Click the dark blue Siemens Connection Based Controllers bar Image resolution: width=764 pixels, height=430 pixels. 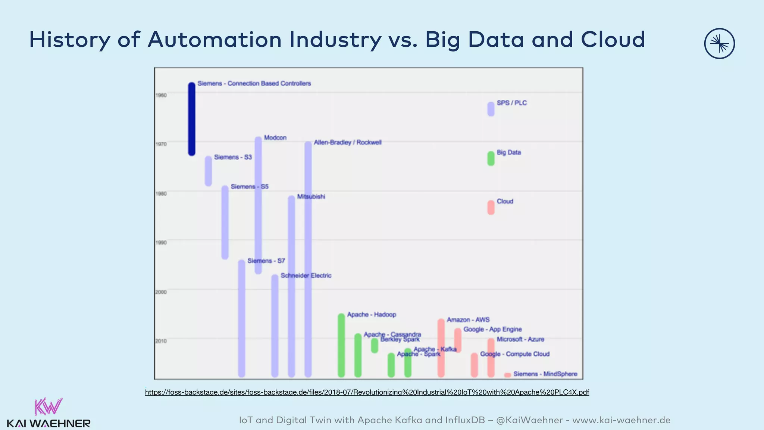tap(191, 119)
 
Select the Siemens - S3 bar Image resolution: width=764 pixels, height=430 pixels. tap(208, 171)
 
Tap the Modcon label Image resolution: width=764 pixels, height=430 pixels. tap(275, 138)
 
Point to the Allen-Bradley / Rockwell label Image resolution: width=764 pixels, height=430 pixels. tap(347, 143)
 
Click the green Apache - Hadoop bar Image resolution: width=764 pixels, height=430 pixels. tap(341, 345)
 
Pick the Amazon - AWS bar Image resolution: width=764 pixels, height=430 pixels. tap(441, 348)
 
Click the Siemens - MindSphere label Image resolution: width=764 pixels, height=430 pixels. tap(545, 374)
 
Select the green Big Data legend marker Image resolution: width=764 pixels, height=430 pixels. tap(491, 158)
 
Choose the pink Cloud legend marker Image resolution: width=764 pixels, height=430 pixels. tap(491, 208)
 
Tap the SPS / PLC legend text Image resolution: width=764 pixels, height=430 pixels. tap(511, 103)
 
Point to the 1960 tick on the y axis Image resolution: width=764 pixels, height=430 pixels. tap(161, 95)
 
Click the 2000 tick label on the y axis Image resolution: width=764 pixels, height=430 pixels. tap(161, 292)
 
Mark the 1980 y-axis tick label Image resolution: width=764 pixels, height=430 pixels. tap(161, 193)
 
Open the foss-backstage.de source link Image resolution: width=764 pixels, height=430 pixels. tap(367, 392)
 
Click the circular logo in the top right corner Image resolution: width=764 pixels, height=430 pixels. tap(719, 44)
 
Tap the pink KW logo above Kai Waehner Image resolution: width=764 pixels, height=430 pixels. tap(48, 406)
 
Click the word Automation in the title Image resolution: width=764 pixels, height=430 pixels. tap(215, 40)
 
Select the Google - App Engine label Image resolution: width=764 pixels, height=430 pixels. tap(492, 330)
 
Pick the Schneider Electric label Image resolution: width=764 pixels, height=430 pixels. tap(306, 276)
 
